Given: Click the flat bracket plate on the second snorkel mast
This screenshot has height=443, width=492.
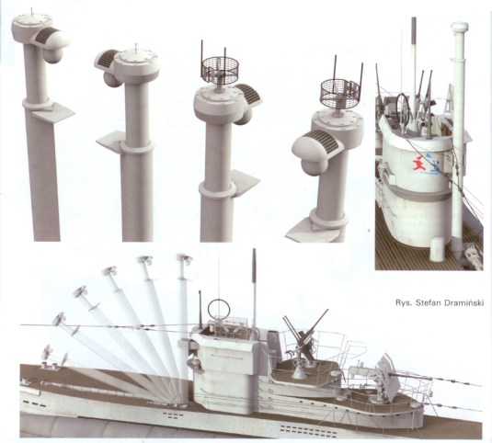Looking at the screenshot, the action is (x=109, y=142).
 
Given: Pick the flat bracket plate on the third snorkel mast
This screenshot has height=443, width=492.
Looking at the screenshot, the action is (x=246, y=183).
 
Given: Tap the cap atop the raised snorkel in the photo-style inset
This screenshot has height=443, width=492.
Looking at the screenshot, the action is (x=460, y=28).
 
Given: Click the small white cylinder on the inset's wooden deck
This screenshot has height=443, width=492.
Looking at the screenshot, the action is (x=438, y=249).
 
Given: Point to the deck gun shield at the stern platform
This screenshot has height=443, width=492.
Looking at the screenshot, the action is (x=389, y=374).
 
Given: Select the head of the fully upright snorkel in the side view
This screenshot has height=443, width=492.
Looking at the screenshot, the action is (x=185, y=260).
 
